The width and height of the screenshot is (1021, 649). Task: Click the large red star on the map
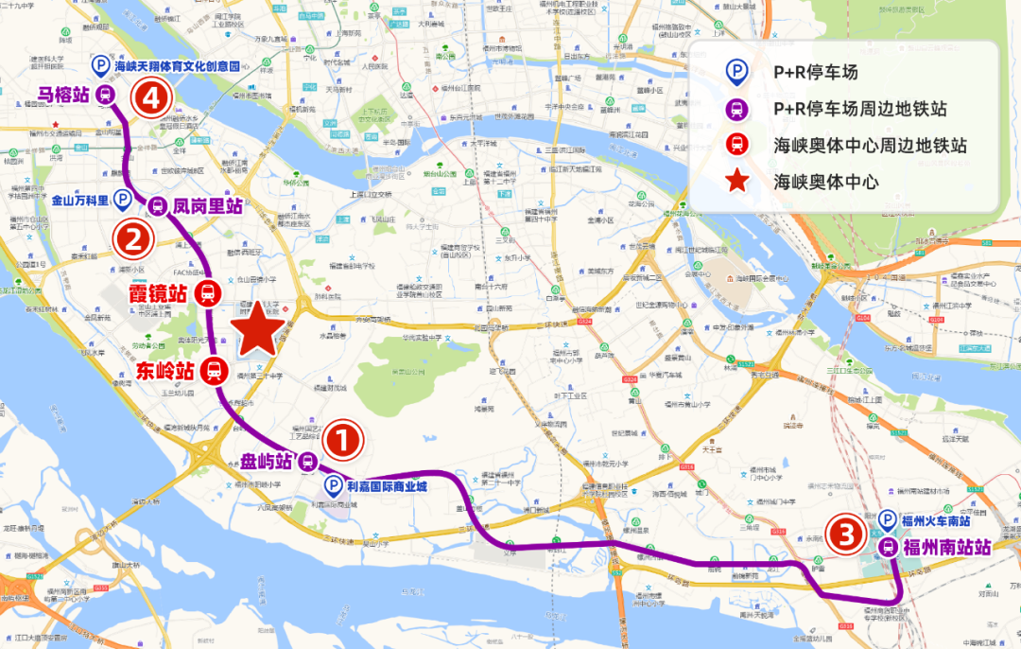click(x=258, y=330)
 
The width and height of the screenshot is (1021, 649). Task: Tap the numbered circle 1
click(x=343, y=441)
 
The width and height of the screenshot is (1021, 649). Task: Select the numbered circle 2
click(x=131, y=238)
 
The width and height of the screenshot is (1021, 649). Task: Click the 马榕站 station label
click(x=63, y=94)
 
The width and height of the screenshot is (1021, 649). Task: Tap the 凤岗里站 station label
click(x=208, y=205)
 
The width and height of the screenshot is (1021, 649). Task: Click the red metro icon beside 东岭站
click(x=215, y=371)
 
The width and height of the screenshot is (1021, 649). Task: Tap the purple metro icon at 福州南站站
click(x=888, y=547)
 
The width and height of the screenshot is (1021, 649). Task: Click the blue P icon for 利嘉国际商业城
click(x=333, y=486)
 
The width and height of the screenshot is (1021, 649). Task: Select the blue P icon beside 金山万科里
click(x=122, y=200)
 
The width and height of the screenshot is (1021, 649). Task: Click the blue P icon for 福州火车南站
click(x=888, y=519)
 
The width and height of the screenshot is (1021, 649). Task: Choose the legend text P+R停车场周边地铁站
click(x=859, y=109)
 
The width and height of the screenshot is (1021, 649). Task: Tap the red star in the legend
click(x=737, y=181)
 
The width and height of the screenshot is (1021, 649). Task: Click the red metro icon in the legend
click(x=737, y=145)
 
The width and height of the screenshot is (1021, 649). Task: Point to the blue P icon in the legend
click(x=737, y=73)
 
